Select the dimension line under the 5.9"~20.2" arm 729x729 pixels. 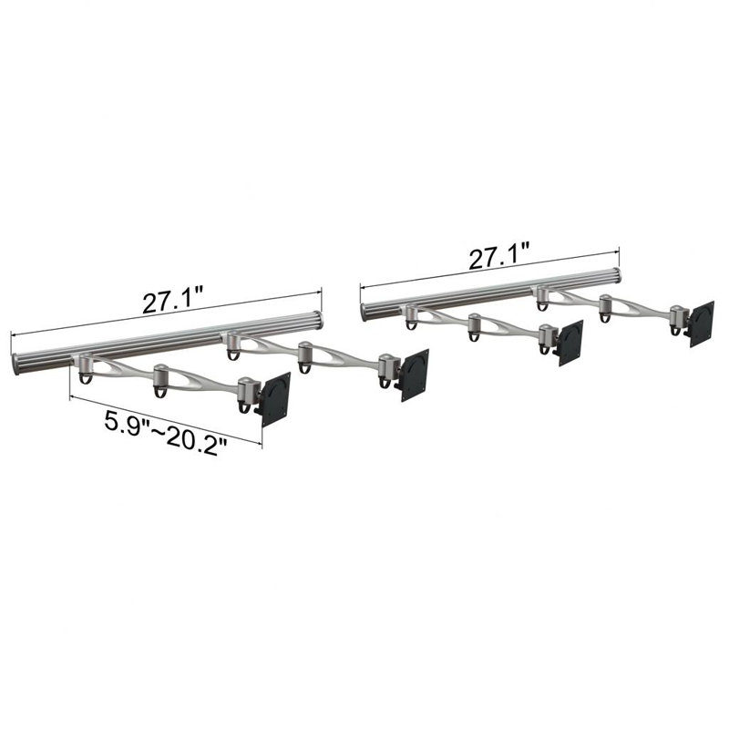(x=164, y=416)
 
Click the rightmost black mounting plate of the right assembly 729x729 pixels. (x=701, y=323)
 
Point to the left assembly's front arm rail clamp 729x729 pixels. (x=85, y=365)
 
